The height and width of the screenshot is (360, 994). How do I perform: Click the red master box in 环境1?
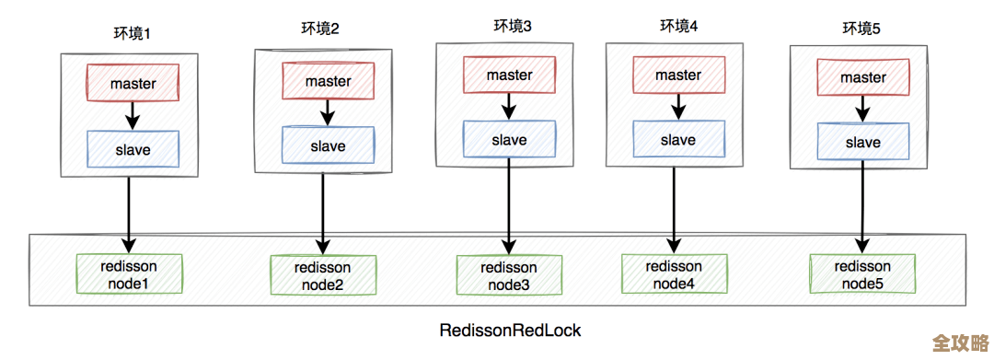click(133, 83)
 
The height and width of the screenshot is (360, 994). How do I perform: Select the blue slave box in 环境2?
click(328, 145)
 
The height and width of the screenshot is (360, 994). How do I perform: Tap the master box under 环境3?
click(509, 75)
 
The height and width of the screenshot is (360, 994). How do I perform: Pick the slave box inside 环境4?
click(677, 140)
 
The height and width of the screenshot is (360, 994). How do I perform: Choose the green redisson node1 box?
click(129, 274)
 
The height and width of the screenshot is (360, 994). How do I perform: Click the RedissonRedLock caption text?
click(510, 330)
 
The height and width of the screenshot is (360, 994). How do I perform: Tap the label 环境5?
click(861, 29)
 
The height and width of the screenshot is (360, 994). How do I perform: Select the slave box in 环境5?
click(862, 143)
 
